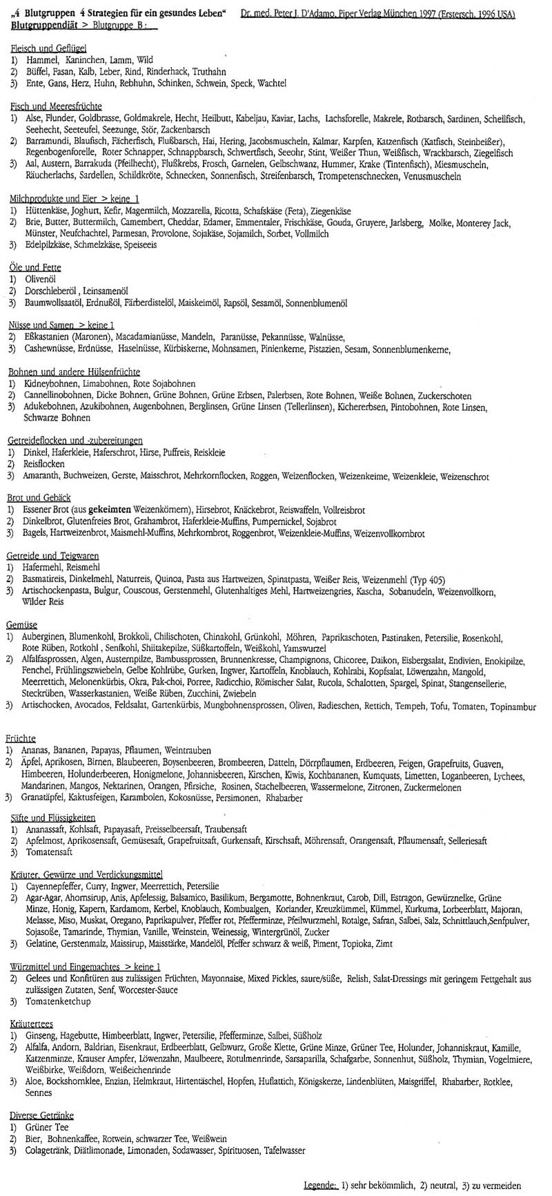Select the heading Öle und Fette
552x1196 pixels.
click(x=35, y=267)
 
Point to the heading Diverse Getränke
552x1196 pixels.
click(x=41, y=1115)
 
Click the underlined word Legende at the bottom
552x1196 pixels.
click(x=320, y=1186)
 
